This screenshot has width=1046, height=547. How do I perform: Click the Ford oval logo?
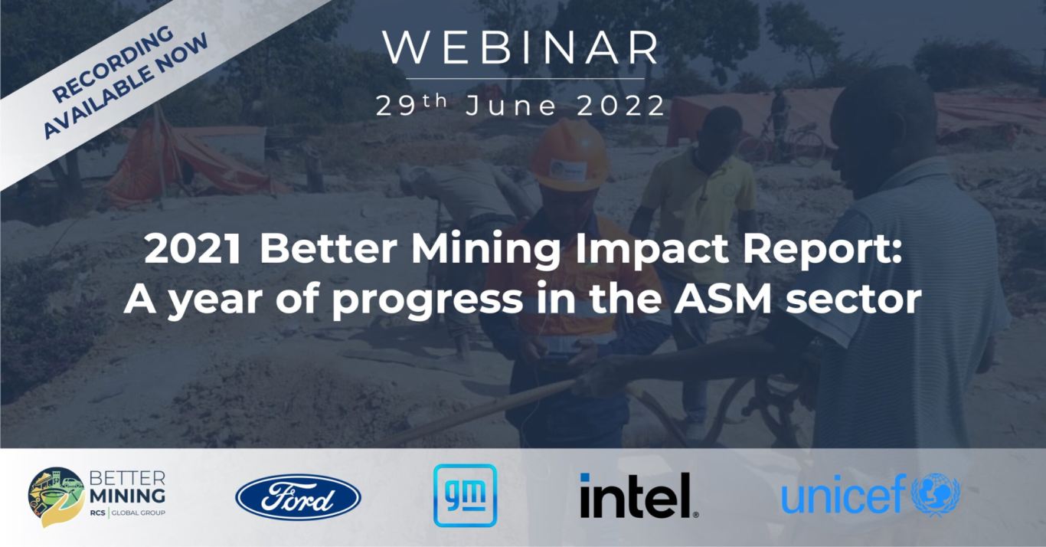click(x=298, y=497)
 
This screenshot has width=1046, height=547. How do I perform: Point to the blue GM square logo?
click(x=465, y=496)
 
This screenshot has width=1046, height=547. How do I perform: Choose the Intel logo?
click(x=638, y=495)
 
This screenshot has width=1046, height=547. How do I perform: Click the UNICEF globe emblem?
click(x=936, y=494)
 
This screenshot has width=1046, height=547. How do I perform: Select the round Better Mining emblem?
click(x=57, y=497)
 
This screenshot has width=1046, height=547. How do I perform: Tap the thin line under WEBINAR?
click(x=525, y=79)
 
